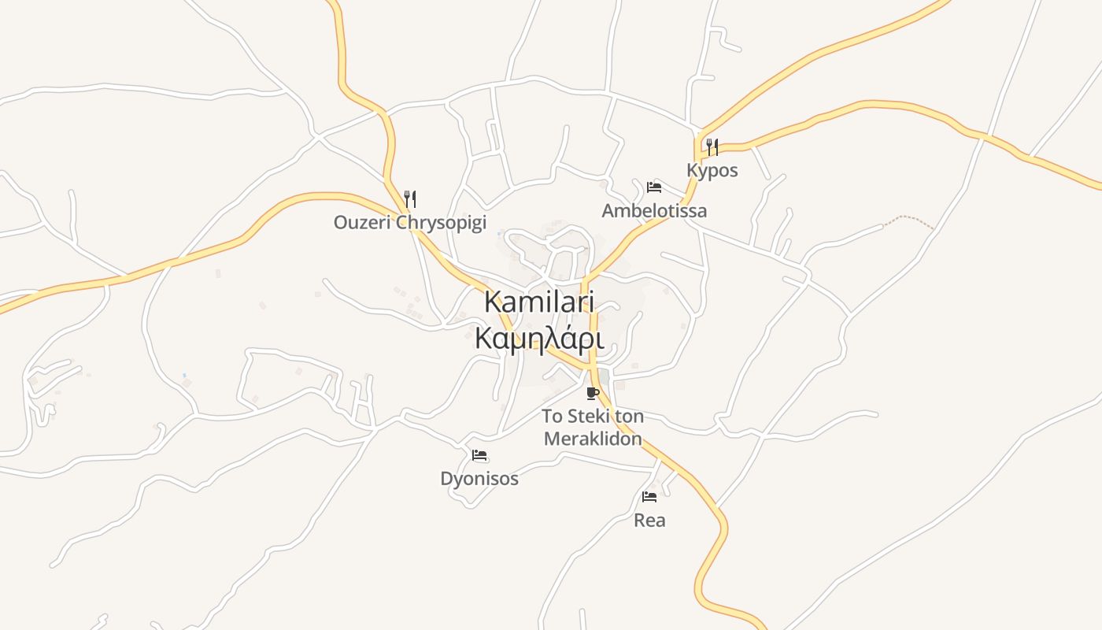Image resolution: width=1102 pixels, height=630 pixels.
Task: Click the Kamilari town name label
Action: coord(538,302)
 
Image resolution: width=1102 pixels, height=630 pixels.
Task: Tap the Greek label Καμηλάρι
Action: coord(538,339)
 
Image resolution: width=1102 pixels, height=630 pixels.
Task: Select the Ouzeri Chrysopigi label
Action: coord(409,222)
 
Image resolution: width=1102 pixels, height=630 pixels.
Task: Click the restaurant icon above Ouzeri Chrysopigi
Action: coord(409,198)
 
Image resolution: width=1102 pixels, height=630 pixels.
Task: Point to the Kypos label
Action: coord(712,170)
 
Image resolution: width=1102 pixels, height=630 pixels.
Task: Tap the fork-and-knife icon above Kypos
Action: coord(712,146)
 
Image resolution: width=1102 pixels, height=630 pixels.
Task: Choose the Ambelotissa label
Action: coord(654,210)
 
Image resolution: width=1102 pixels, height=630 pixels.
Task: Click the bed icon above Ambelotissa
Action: coord(653,187)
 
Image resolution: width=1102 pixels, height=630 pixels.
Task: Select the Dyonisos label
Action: coord(479,478)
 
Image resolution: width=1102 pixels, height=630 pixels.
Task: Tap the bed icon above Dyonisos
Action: coord(479,455)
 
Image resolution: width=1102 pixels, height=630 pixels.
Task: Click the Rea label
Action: coord(649,520)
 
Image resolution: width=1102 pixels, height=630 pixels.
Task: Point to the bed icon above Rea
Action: coord(649,497)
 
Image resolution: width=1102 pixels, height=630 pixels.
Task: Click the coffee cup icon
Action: coord(593,393)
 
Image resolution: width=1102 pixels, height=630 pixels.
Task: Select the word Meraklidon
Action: coord(593,439)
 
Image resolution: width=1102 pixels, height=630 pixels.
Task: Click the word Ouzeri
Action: coord(362,222)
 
